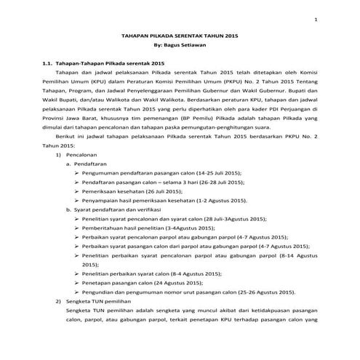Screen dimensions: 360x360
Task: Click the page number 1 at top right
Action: (315, 19)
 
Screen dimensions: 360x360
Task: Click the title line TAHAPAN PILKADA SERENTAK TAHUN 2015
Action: (180, 36)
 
